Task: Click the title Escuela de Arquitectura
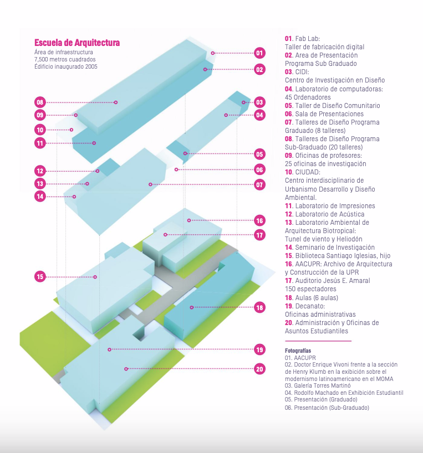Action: tap(77, 43)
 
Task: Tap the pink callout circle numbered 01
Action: tap(259, 53)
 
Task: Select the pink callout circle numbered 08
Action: tap(40, 102)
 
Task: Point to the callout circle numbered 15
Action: tap(40, 276)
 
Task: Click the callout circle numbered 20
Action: tap(259, 369)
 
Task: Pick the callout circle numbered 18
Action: tap(259, 307)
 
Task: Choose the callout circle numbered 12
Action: tap(40, 171)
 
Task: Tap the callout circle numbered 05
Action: tap(259, 155)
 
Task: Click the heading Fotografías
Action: tap(298, 351)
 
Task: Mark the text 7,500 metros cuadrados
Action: tap(65, 59)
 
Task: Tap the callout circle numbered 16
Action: tap(259, 220)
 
